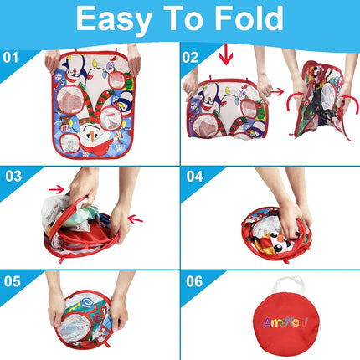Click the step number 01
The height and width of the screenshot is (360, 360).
coord(11,59)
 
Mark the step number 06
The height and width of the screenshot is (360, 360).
coord(194,281)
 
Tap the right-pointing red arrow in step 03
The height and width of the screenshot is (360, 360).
coord(57,190)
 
